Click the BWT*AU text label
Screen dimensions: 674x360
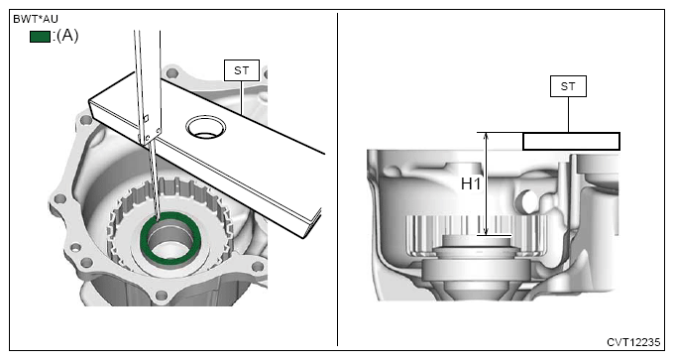click(36, 19)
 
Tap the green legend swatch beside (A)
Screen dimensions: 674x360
click(40, 37)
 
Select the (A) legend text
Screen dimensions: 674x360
click(67, 36)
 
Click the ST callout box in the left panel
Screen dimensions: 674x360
click(242, 70)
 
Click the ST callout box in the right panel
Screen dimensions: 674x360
click(568, 86)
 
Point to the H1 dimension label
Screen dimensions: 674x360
click(471, 184)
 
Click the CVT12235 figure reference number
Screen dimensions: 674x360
click(633, 342)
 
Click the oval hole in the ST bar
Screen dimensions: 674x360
click(206, 127)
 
